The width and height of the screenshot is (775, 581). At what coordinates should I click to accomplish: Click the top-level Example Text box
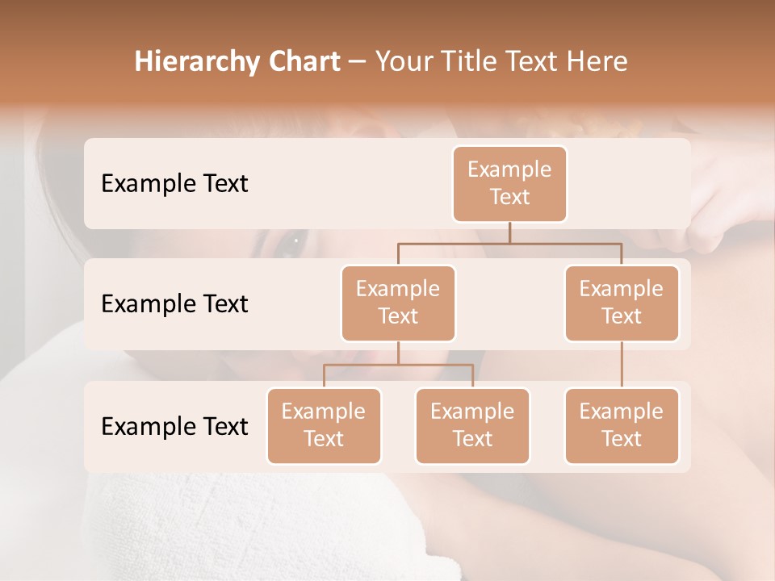tap(509, 184)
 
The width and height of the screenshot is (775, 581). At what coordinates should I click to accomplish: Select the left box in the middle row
tap(398, 303)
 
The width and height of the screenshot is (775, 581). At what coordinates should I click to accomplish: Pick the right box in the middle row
tap(622, 303)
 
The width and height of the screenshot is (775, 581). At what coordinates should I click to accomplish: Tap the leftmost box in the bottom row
tap(324, 426)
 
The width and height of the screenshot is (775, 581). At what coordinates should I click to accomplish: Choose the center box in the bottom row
tap(472, 426)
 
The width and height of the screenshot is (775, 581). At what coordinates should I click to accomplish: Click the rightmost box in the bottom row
tap(622, 426)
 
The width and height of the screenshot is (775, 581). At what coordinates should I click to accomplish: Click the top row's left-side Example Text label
tap(174, 184)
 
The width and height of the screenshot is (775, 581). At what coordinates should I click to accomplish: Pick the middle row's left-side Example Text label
tap(174, 304)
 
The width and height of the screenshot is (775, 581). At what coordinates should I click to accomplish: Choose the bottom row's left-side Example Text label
tap(174, 426)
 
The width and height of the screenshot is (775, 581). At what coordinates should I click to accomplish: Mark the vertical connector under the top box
tap(509, 232)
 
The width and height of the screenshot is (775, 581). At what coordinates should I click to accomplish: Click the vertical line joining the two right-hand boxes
tap(622, 365)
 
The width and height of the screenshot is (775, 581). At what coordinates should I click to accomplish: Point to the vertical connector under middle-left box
tap(398, 353)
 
